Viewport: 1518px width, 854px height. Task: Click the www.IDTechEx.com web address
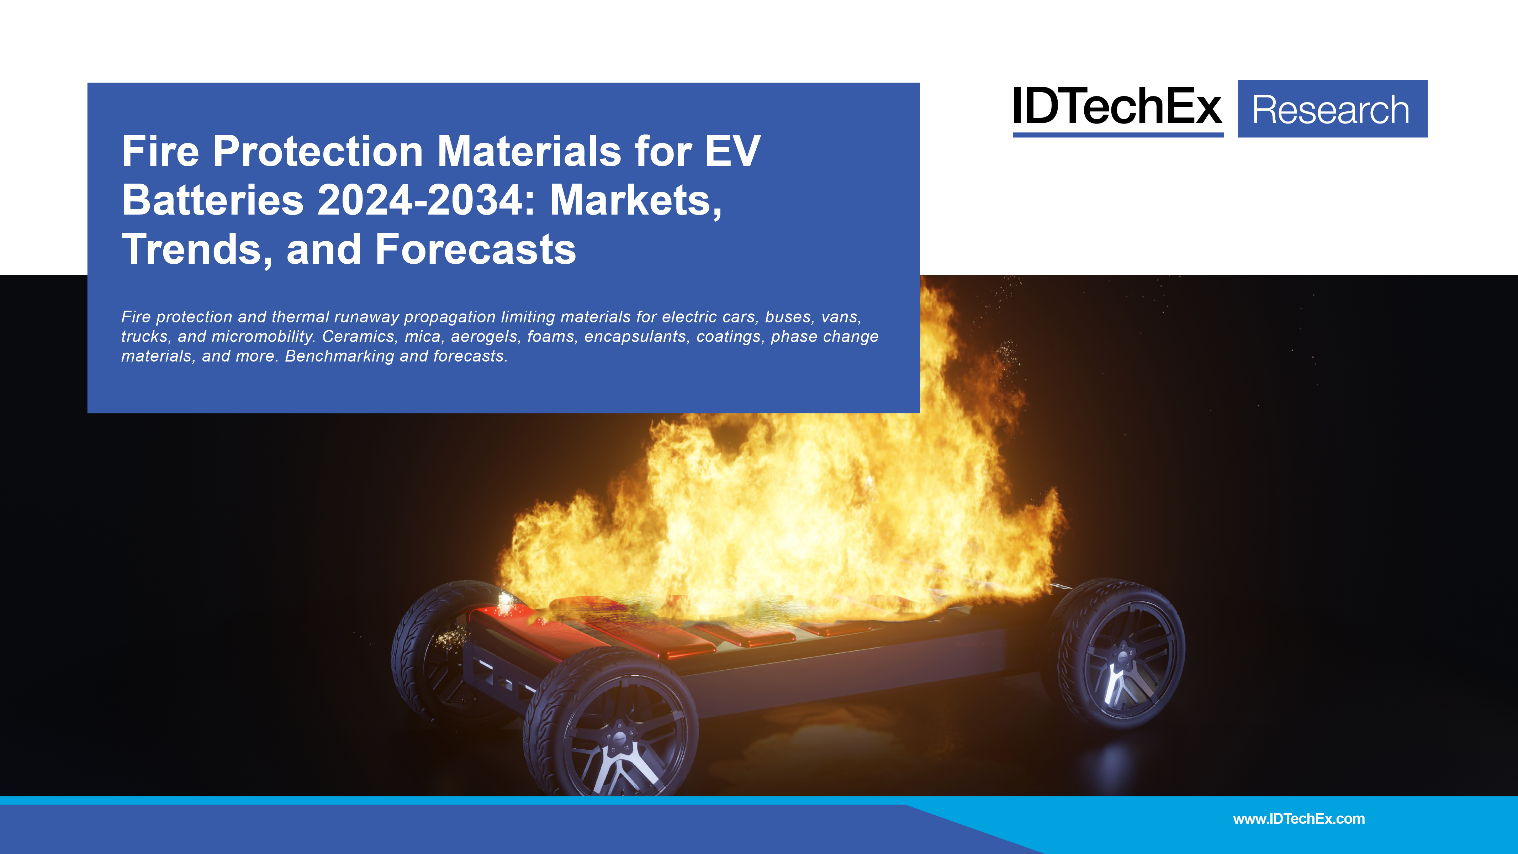tap(1299, 819)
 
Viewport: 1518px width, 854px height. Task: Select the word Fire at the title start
tap(160, 152)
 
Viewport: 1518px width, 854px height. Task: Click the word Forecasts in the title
tap(475, 249)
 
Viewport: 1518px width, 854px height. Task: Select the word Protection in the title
tap(318, 152)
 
